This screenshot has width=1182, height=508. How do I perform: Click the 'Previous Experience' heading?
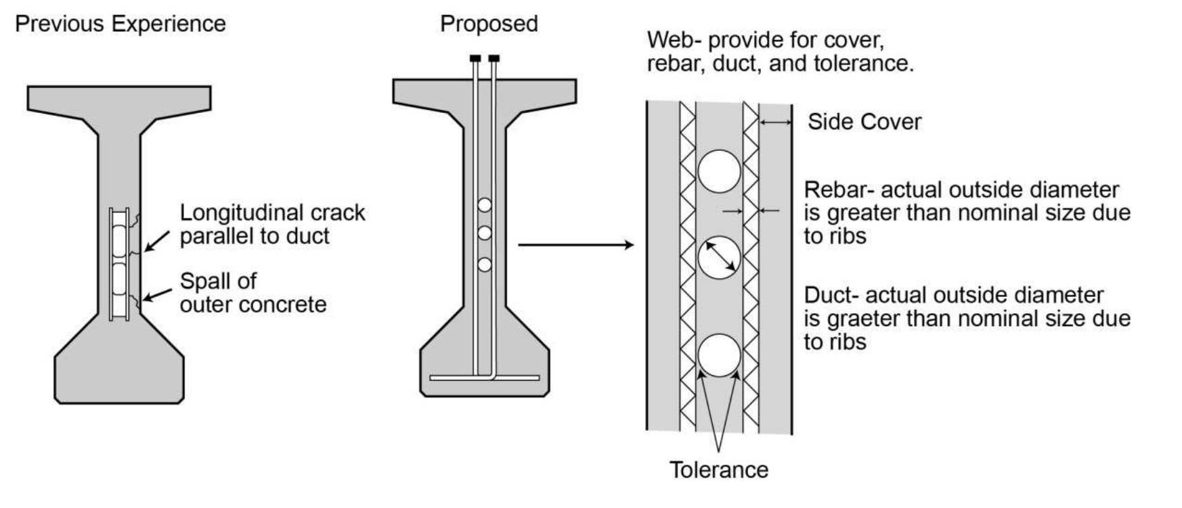pyautogui.click(x=120, y=24)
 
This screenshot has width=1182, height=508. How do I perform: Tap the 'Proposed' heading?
pyautogui.click(x=488, y=24)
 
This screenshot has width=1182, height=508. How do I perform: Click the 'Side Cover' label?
pyautogui.click(x=864, y=122)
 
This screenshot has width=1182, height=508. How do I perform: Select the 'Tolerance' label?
pyautogui.click(x=718, y=469)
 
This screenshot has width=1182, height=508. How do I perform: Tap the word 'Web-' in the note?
pyautogui.click(x=674, y=40)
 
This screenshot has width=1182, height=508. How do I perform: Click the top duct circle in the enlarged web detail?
pyautogui.click(x=718, y=172)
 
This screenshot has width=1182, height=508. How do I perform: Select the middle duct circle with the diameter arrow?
pyautogui.click(x=718, y=257)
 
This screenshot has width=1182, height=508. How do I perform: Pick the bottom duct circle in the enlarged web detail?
pyautogui.click(x=718, y=355)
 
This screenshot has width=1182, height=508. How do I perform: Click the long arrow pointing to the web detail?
pyautogui.click(x=575, y=245)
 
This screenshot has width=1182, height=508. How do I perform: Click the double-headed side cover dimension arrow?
pyautogui.click(x=775, y=122)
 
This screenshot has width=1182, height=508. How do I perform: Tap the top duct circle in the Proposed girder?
pyautogui.click(x=484, y=204)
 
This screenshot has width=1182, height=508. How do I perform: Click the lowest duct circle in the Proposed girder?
pyautogui.click(x=484, y=264)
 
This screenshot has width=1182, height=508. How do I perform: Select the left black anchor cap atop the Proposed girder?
pyautogui.click(x=476, y=58)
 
